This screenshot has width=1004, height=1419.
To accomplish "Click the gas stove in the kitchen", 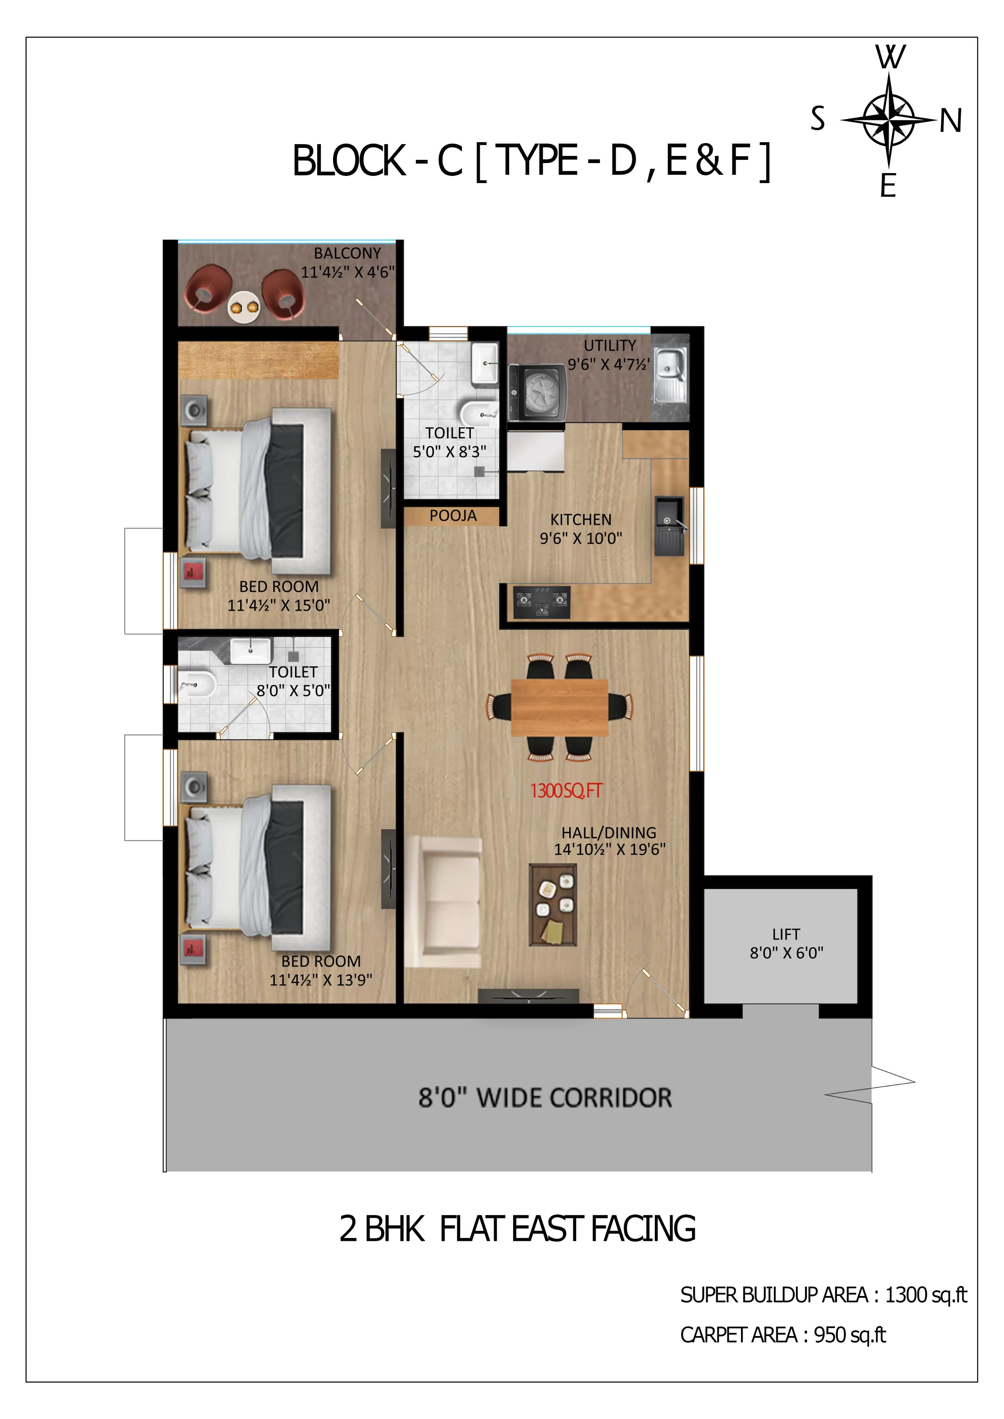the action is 542,602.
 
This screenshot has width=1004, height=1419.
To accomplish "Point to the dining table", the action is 560,708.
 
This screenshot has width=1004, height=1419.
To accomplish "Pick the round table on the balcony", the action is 243,306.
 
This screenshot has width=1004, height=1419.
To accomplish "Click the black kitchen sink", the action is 669,525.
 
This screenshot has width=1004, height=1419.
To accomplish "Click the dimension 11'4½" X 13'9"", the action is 321,979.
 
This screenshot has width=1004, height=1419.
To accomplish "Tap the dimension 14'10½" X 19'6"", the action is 610,849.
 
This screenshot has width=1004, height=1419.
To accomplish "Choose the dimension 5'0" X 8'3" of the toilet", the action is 449,452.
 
